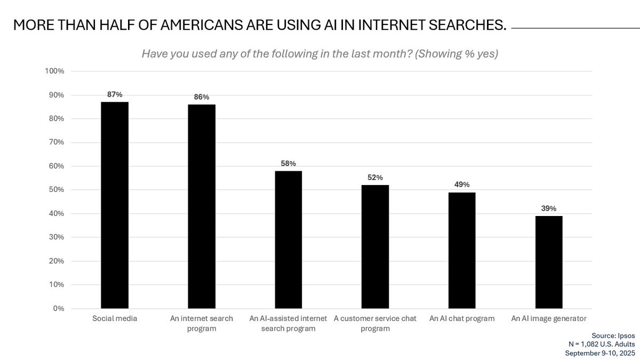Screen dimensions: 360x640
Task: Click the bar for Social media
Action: (x=115, y=205)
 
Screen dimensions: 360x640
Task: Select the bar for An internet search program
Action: (x=202, y=206)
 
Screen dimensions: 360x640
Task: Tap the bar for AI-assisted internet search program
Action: (x=289, y=239)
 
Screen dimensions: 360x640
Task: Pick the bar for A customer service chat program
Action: (x=375, y=246)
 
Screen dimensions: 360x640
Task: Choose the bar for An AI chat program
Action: (x=462, y=250)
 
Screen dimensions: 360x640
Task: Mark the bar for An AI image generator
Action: (x=549, y=262)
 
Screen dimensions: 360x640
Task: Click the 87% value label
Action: (x=115, y=94)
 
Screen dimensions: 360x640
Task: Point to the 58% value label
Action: (x=289, y=163)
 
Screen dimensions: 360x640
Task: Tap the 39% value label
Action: (x=549, y=209)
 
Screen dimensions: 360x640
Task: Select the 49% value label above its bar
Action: (x=462, y=185)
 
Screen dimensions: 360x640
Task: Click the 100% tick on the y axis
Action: (x=55, y=71)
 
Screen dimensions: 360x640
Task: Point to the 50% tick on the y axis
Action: (x=55, y=190)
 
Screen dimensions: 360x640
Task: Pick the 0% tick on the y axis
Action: (x=58, y=309)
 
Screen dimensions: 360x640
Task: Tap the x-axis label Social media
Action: (x=115, y=319)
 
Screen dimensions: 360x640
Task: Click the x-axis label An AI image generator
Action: (x=549, y=319)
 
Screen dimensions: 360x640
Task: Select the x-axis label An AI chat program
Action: (x=462, y=319)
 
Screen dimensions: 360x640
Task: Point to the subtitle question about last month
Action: (x=320, y=54)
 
